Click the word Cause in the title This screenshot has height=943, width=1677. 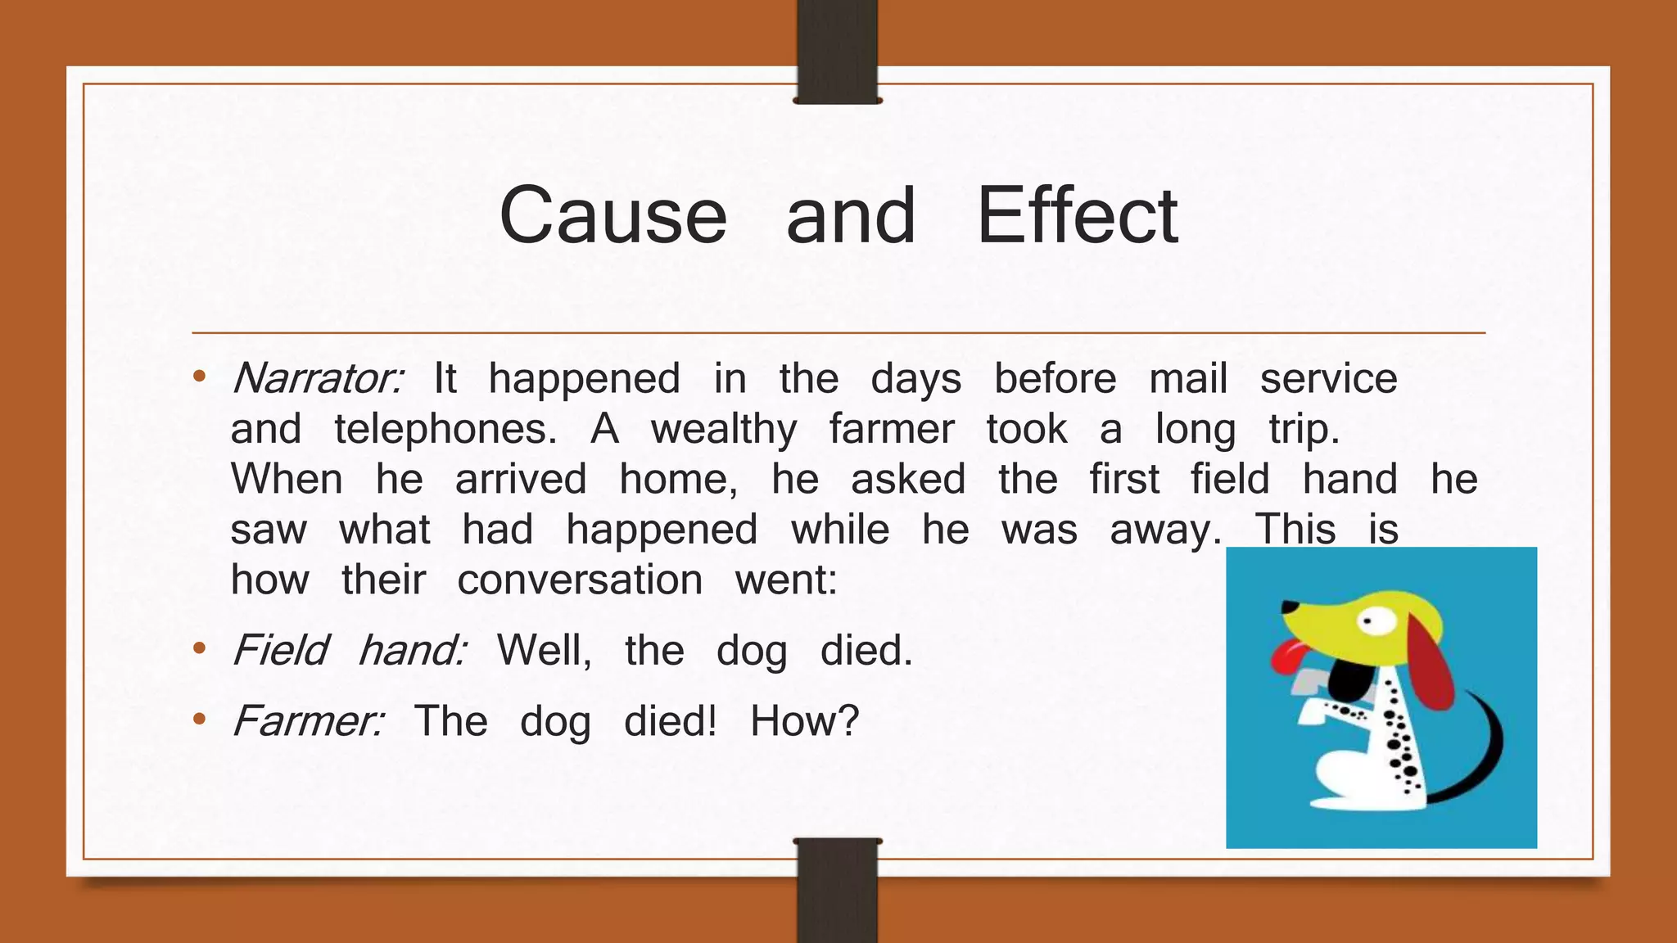(x=612, y=216)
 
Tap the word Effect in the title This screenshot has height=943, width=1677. (x=1077, y=216)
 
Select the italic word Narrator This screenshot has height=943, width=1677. (x=317, y=379)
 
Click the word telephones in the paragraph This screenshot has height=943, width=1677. (x=445, y=430)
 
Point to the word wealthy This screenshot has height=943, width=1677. (x=724, y=431)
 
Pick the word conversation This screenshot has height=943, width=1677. (x=580, y=580)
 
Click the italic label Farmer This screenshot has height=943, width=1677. (x=307, y=722)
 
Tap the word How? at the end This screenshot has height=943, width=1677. (x=804, y=722)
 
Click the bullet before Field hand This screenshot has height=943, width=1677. (x=199, y=650)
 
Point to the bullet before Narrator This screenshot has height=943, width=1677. (x=199, y=377)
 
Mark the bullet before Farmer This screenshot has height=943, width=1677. (x=199, y=720)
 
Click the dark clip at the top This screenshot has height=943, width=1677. (x=837, y=51)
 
